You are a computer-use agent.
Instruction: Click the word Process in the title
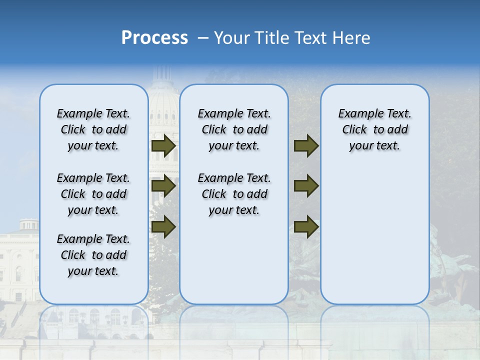click(x=154, y=38)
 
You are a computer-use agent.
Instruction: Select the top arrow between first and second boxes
click(x=163, y=146)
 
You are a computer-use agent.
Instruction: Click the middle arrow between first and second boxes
click(x=163, y=186)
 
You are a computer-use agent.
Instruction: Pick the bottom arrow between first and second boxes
click(x=163, y=226)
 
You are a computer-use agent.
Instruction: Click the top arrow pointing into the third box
click(x=306, y=146)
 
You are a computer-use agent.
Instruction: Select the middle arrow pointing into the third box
click(x=306, y=186)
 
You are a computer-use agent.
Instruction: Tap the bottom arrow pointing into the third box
click(x=306, y=226)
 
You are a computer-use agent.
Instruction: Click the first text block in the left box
click(x=93, y=129)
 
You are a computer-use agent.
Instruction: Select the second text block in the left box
click(x=93, y=194)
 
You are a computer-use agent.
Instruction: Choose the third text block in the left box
click(x=93, y=255)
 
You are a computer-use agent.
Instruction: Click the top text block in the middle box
click(x=234, y=129)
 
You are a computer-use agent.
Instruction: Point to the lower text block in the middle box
click(x=234, y=194)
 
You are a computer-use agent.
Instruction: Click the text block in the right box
click(x=374, y=129)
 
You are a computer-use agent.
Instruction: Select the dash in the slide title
click(x=203, y=38)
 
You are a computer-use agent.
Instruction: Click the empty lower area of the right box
click(x=374, y=240)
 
